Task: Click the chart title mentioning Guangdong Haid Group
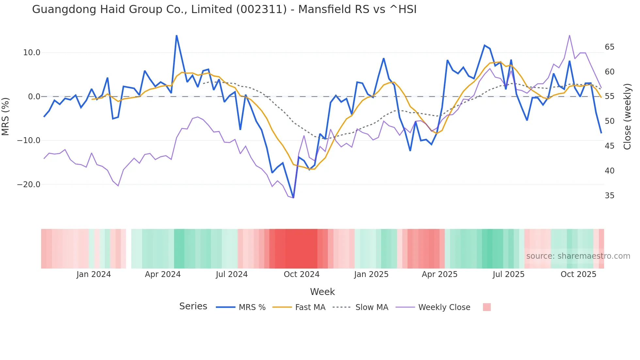[224, 9]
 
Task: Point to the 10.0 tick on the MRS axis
[32, 53]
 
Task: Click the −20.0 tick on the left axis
[29, 185]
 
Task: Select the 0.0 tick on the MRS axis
[34, 97]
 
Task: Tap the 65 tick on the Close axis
[609, 47]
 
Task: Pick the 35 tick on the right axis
[609, 196]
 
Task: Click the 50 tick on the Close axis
[609, 121]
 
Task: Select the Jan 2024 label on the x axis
[94, 274]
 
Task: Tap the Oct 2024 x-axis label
[301, 274]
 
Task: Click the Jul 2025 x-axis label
[508, 274]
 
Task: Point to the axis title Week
[322, 292]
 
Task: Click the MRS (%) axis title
[6, 116]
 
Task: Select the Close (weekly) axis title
[627, 116]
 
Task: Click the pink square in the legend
[487, 307]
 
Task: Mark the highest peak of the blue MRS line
[177, 36]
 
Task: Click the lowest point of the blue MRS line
[293, 198]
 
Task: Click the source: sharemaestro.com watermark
[578, 256]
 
